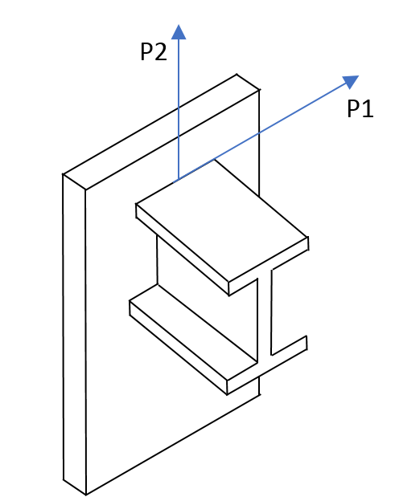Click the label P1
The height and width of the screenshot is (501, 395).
360,108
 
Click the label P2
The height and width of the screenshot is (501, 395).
154,51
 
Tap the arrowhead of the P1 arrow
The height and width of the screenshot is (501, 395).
351,82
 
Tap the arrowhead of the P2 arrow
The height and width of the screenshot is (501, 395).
179,32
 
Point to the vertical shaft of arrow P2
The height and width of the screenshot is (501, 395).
179,108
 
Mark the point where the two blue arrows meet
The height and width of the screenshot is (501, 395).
179,179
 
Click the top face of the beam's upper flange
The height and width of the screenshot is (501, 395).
222,221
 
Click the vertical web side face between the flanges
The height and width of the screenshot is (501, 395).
208,299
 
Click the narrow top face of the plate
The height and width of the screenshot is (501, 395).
161,132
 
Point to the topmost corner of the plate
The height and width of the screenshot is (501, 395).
237,74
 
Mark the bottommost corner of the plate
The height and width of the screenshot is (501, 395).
86,495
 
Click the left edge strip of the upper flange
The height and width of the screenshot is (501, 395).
183,250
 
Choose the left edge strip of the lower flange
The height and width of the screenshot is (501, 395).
178,348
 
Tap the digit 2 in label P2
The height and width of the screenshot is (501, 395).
161,51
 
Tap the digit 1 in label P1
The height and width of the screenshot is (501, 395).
368,108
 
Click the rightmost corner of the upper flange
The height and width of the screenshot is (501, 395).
308,237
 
